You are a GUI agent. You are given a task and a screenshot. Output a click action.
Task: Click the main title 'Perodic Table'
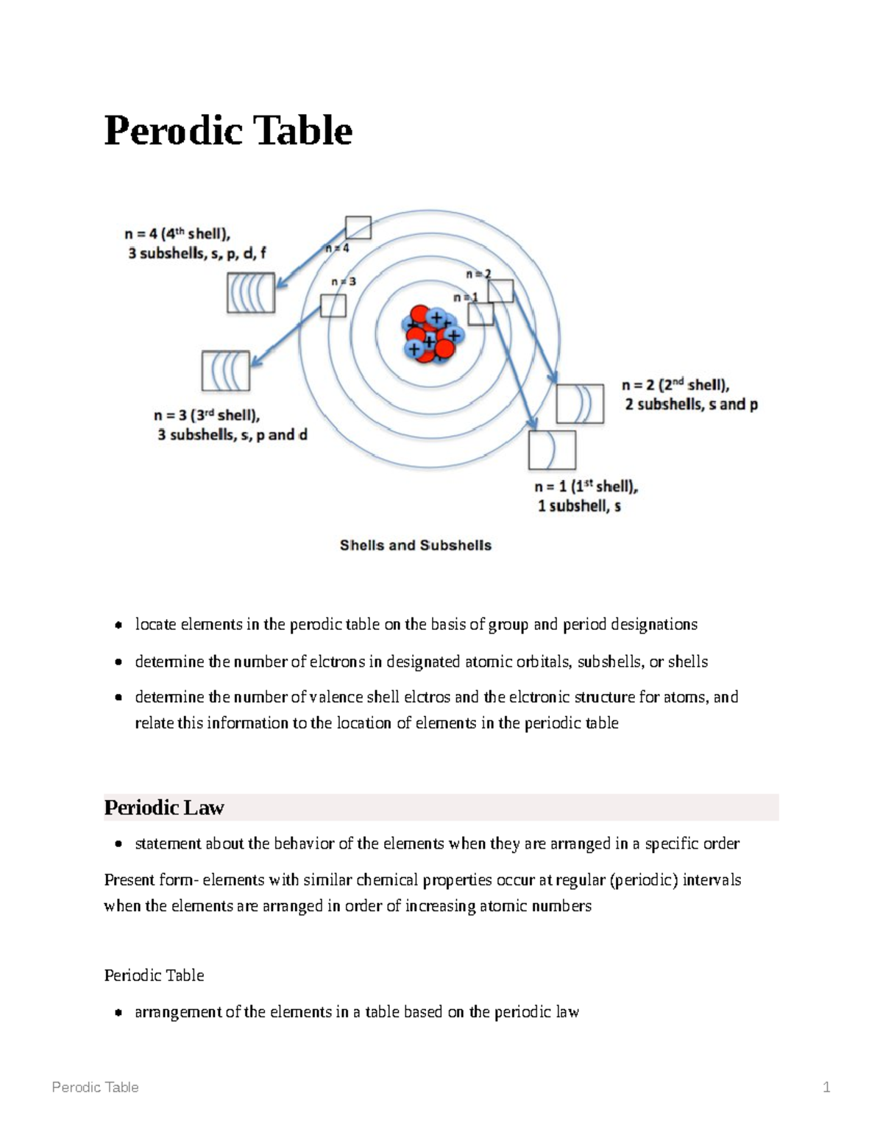[x=228, y=131]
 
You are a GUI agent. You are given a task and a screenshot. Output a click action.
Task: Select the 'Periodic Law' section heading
[x=164, y=807]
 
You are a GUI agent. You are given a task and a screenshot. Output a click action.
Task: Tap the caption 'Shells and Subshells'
[x=415, y=545]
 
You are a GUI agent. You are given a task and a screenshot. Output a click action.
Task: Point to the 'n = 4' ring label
[x=338, y=249]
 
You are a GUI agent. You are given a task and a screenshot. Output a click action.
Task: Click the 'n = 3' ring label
[x=344, y=281]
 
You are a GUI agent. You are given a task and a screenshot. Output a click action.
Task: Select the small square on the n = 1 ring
[x=480, y=314]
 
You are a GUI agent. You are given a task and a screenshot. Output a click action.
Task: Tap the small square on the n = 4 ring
[x=358, y=228]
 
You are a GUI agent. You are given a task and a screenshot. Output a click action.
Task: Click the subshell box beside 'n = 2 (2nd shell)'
[x=580, y=404]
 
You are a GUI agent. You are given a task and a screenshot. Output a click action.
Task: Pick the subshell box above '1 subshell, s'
[x=552, y=450]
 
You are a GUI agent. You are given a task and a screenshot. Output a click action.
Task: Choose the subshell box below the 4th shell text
[x=251, y=292]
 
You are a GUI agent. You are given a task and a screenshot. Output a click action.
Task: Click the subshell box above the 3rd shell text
[x=226, y=371]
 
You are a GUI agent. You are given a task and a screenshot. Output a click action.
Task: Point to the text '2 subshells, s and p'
[x=691, y=405]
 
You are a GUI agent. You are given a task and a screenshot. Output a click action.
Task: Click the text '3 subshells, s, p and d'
[x=232, y=435]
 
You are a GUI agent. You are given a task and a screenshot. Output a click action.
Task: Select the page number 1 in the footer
[x=826, y=1087]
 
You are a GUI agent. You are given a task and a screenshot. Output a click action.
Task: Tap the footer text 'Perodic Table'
[x=95, y=1087]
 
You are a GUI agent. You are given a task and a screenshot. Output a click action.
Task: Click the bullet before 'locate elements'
[x=118, y=626]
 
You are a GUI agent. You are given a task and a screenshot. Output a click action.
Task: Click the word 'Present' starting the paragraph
[x=128, y=880]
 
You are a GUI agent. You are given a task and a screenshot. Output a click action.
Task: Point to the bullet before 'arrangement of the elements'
[x=118, y=1013]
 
